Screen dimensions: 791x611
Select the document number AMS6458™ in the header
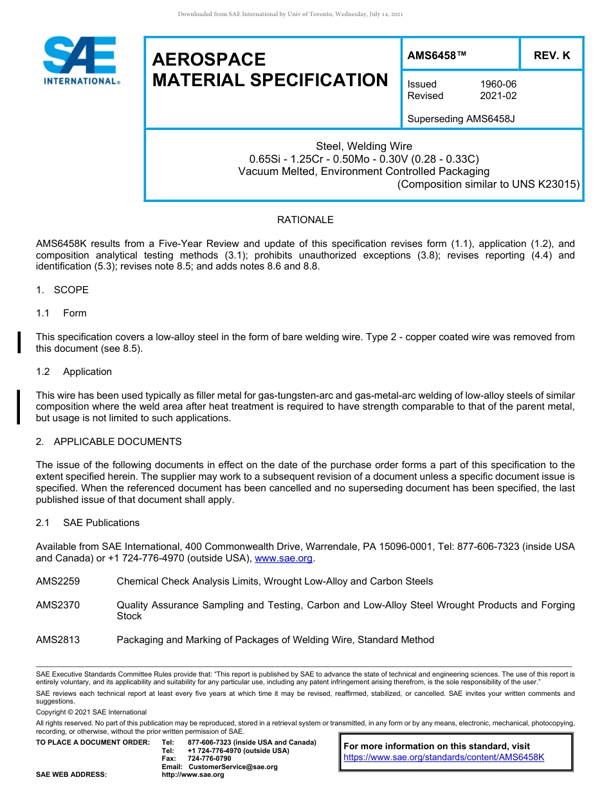click(x=437, y=56)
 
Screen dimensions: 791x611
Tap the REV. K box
click(x=551, y=56)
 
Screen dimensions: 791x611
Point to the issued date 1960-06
click(x=498, y=84)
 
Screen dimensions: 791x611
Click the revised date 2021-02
click(x=498, y=96)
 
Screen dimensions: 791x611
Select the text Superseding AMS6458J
click(x=461, y=119)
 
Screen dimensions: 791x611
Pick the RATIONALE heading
click(x=305, y=220)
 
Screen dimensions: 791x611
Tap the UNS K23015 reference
click(x=545, y=184)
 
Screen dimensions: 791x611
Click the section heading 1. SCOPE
click(x=62, y=290)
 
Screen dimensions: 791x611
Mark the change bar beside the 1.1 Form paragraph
click(x=19, y=342)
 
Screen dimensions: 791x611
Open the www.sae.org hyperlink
click(x=284, y=558)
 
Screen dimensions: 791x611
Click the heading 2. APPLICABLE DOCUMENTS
click(x=109, y=442)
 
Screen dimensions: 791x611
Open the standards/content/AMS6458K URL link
click(x=444, y=757)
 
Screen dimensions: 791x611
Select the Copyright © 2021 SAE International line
click(x=91, y=712)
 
